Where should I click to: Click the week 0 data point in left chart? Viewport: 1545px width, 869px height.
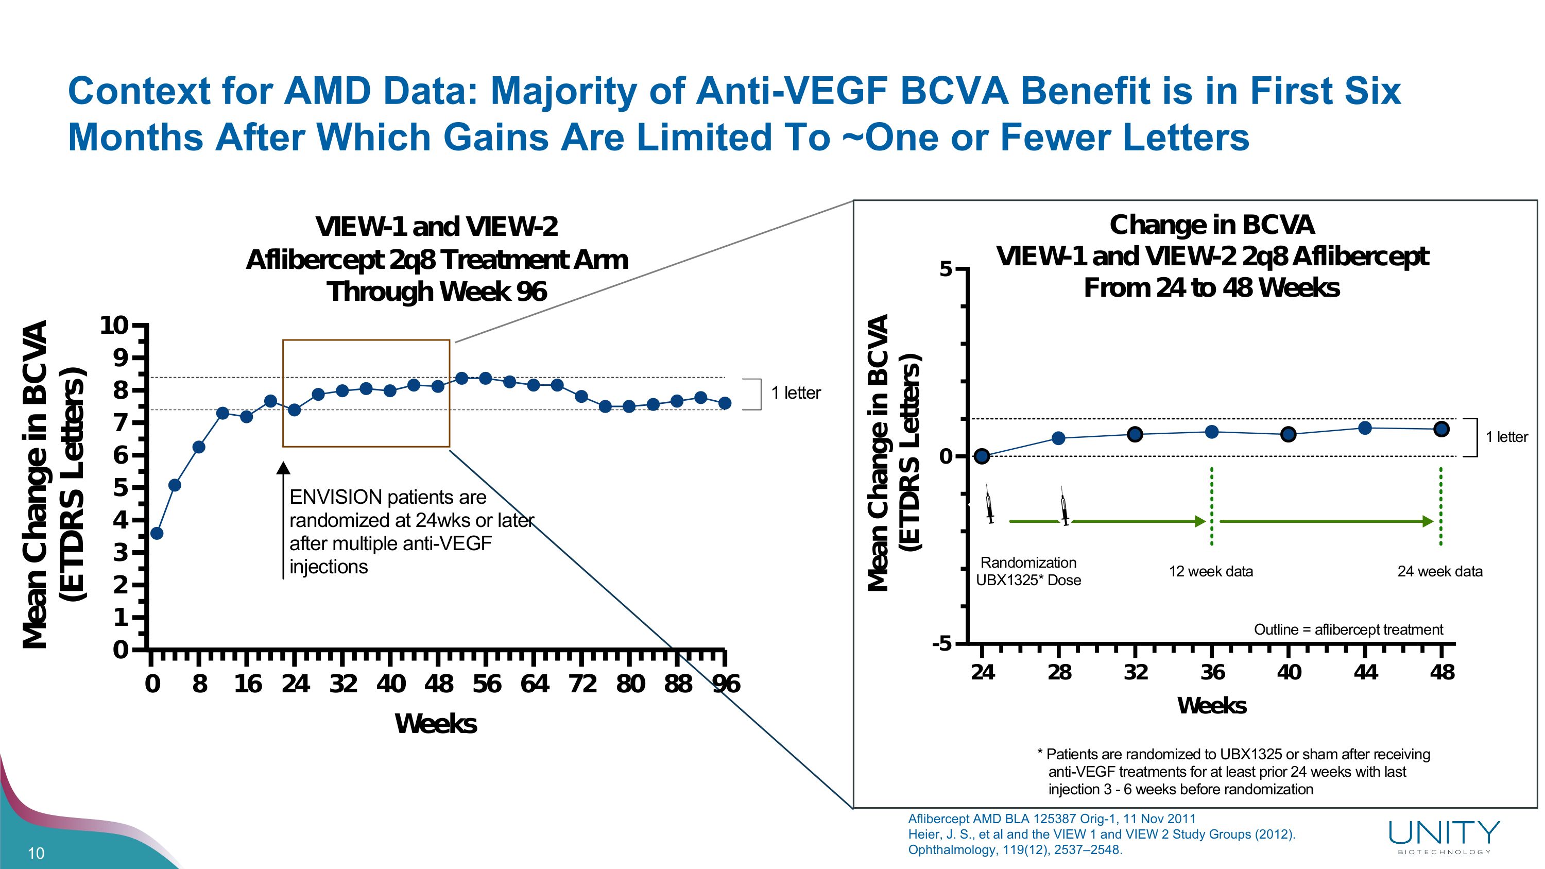157,533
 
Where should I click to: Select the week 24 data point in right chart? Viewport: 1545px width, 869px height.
982,456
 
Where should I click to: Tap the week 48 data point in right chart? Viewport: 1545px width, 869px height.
1442,429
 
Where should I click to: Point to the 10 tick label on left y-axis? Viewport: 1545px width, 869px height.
114,326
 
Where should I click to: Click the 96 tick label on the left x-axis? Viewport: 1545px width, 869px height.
726,684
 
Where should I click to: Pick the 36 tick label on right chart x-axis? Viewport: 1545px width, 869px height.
1212,672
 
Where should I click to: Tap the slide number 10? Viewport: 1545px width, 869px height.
36,854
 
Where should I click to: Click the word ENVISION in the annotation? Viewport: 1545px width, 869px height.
335,497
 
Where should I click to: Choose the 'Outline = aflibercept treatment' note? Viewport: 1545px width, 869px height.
1348,629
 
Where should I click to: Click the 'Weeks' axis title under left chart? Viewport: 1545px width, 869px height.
436,724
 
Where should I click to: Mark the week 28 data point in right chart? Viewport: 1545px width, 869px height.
1059,438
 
